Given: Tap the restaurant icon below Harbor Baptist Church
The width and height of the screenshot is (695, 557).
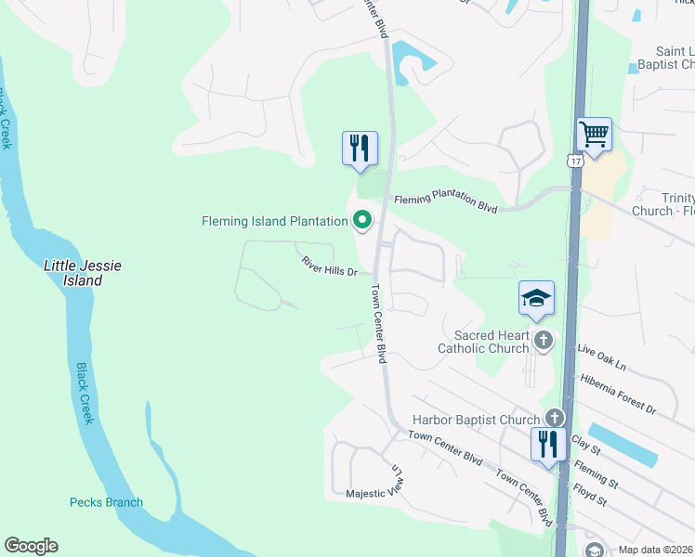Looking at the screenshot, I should click(548, 444).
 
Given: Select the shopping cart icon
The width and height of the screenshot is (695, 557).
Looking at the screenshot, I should click(594, 135).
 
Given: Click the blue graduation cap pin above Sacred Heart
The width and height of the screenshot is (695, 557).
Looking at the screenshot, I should click(536, 298).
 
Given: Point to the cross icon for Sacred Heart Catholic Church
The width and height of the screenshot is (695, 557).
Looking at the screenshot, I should click(544, 342).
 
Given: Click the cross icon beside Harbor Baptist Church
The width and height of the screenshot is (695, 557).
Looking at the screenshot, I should click(555, 419).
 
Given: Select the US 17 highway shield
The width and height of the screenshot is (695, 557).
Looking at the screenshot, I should click(574, 162).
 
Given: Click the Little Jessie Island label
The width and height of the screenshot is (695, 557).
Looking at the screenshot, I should click(83, 273).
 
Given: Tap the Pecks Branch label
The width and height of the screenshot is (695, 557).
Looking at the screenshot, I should click(107, 503).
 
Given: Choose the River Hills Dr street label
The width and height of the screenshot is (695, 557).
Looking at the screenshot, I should click(330, 267).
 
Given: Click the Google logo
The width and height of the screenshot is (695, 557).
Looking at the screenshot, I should click(31, 546).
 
